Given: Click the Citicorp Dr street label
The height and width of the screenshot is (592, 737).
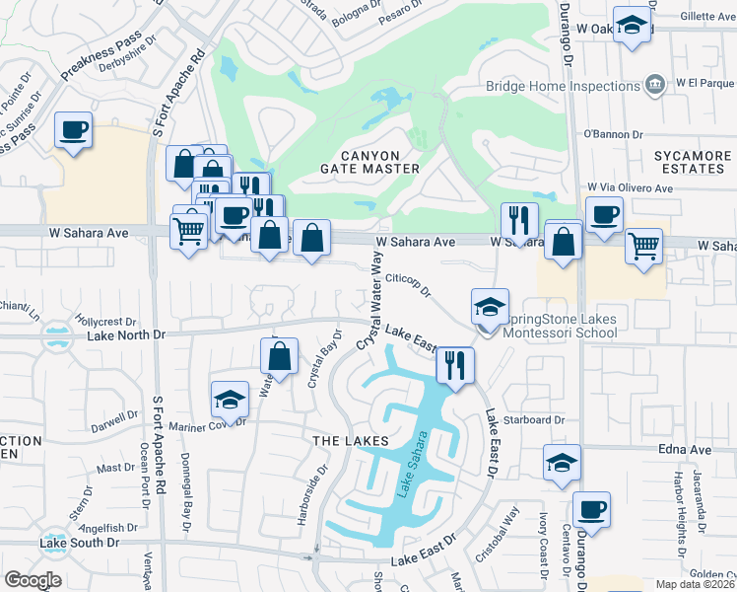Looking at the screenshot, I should [408, 284].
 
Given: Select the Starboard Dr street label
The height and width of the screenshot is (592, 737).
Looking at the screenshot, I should [533, 419].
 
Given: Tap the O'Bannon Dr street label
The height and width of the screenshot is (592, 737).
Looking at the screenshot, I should [613, 133].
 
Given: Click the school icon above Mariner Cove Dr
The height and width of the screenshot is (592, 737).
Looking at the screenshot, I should [230, 399].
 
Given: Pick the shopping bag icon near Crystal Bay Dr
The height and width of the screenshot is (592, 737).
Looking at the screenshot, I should [281, 355].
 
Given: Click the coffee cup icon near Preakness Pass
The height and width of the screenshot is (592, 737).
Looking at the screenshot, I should [74, 129].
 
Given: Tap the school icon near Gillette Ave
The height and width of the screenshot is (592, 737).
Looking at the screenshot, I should [632, 25].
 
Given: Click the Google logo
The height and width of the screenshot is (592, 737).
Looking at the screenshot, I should [33, 580].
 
